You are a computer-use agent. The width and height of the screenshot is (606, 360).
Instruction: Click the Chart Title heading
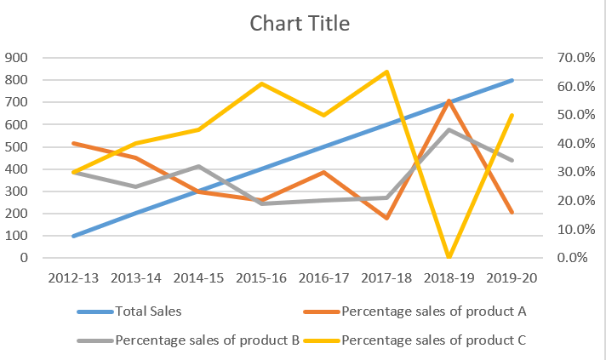(299, 23)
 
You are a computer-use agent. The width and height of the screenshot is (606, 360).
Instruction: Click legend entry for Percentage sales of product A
(433, 311)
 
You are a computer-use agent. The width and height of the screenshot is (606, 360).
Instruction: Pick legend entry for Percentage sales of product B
(207, 341)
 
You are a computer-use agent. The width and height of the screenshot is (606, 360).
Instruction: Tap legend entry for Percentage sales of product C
(433, 341)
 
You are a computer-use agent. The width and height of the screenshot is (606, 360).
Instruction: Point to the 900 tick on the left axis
(17, 58)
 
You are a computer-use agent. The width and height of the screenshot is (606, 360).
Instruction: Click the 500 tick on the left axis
(17, 146)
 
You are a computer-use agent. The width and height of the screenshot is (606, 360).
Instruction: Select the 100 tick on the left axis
(17, 236)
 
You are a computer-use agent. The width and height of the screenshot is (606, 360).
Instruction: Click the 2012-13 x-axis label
(75, 278)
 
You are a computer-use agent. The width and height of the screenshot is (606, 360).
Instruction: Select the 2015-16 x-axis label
(261, 278)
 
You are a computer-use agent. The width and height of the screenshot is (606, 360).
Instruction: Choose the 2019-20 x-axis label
(512, 278)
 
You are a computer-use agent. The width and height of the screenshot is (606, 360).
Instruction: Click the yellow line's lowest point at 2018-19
(449, 256)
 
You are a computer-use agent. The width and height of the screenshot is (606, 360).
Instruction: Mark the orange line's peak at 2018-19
(449, 100)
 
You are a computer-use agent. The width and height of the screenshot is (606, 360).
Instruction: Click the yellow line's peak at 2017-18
(386, 71)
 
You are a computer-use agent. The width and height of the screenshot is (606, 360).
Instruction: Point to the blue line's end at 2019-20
(512, 80)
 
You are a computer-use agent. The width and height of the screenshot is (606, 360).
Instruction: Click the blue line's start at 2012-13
(75, 236)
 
